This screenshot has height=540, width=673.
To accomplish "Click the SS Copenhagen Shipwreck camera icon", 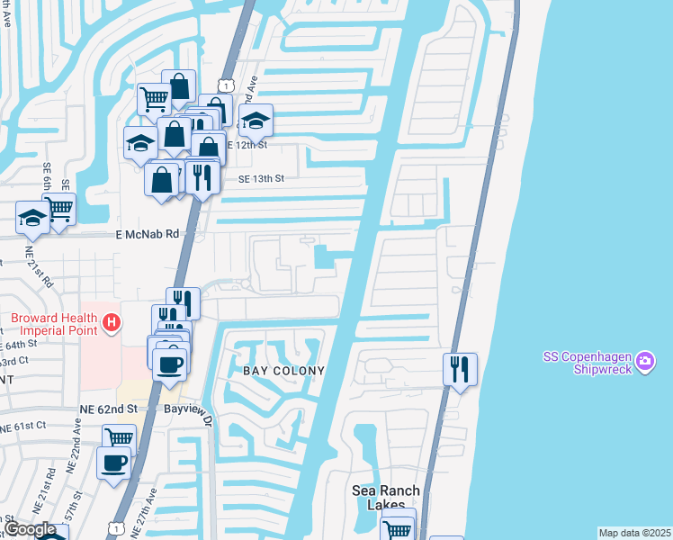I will coord(644,362).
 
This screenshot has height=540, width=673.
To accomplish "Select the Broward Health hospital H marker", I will coord(112,321).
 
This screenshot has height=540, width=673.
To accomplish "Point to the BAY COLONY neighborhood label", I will coord(283,371).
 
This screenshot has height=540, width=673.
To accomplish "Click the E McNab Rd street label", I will coord(148,233).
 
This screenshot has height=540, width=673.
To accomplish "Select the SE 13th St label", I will coord(261,179).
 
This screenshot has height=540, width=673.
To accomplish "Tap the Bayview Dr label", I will coord(199,414).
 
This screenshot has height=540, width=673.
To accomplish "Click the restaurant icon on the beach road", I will coord(460,368).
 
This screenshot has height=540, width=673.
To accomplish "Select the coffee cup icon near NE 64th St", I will coord(168,364).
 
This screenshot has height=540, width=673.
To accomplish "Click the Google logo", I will coord(30,529).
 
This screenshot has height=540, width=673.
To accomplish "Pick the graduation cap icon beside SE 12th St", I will coord(256,120).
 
